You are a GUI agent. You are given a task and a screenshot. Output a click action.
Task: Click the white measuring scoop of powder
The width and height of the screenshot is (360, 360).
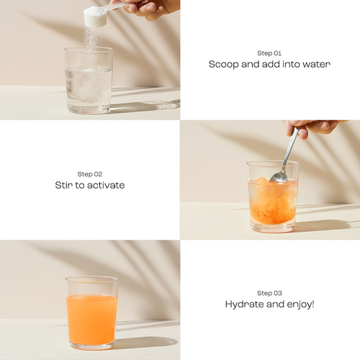coord(95,16)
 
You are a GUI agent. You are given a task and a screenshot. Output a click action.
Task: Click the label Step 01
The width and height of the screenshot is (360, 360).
coord(269,53)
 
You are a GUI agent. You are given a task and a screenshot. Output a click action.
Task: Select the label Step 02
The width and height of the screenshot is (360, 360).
coord(90,174)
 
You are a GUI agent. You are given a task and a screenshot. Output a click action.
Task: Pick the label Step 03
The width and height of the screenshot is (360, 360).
coord(269,293)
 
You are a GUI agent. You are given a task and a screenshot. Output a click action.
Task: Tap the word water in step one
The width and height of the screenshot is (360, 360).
coord(317,64)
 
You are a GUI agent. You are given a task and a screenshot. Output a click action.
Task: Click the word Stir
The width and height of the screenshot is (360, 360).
coord(64,185)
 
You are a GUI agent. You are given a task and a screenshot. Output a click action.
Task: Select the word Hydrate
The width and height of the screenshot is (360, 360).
coord(244,305)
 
